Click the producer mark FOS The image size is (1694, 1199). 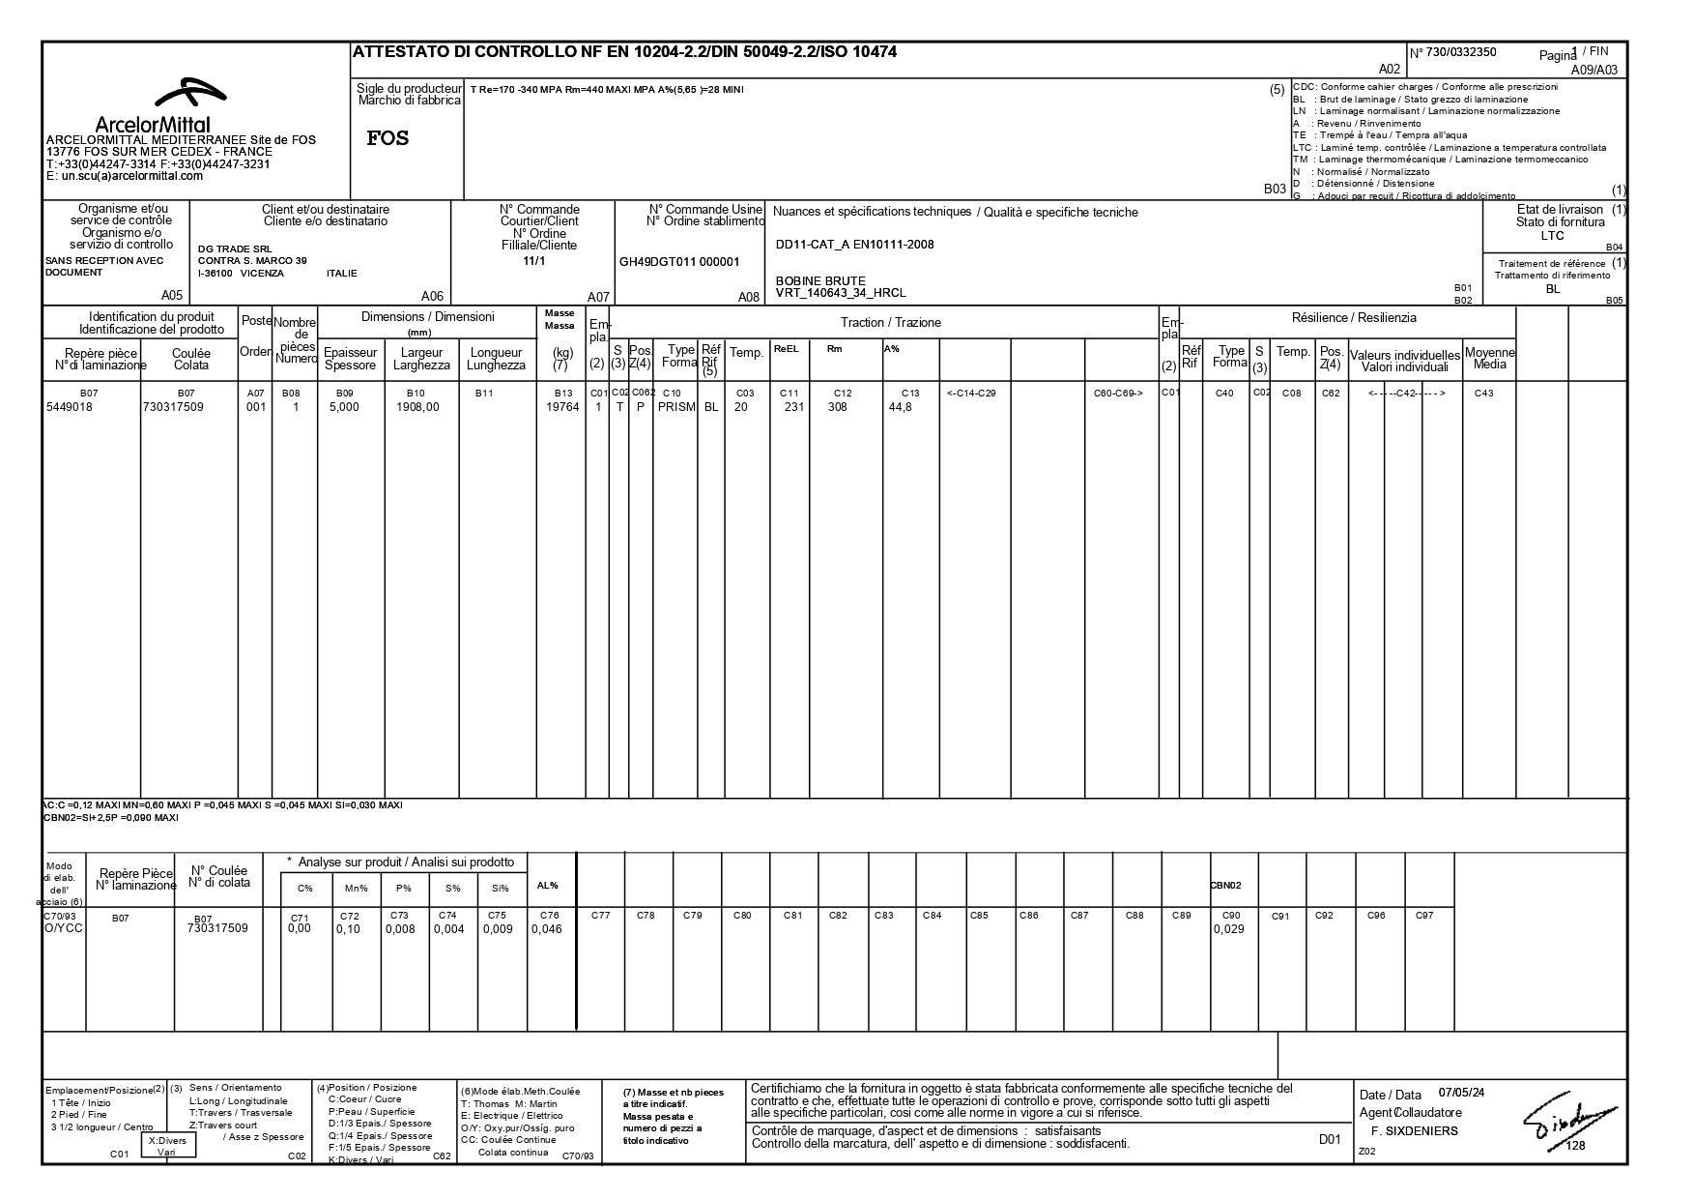[x=388, y=138]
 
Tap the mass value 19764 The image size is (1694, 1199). [x=562, y=407]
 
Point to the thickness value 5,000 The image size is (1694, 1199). [x=344, y=407]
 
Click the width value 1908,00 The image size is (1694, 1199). [x=417, y=407]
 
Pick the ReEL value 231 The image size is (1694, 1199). [x=793, y=407]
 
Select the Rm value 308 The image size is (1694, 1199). [x=837, y=407]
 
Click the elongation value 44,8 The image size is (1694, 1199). [x=900, y=407]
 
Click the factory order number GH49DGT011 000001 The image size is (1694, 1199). [x=678, y=261]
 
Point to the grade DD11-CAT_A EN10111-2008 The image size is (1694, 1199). [x=854, y=245]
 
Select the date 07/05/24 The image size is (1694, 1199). [x=1461, y=1093]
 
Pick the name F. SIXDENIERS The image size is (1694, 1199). [x=1414, y=1130]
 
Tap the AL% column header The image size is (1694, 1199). [x=547, y=886]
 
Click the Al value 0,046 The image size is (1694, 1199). [x=546, y=929]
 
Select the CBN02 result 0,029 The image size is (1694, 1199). [x=1228, y=929]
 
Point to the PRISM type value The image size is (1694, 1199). [x=676, y=407]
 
